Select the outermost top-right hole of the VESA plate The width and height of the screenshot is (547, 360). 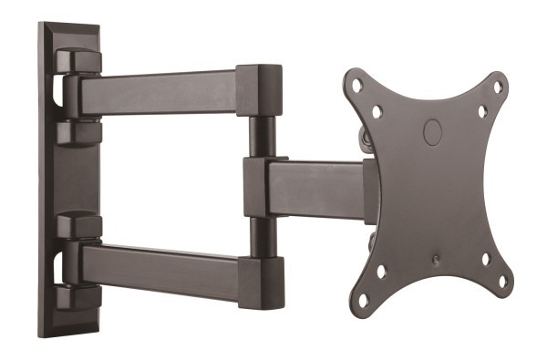click(498, 87)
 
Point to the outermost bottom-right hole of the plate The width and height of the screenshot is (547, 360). click(501, 282)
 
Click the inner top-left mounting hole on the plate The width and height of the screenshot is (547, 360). click(377, 111)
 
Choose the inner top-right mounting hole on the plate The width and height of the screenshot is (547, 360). click(482, 112)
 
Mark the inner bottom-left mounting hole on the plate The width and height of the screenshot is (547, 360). click(380, 271)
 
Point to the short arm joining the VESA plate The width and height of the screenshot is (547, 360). click(310, 188)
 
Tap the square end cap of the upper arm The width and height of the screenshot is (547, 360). click(259, 90)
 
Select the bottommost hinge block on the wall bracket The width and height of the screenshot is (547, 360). click(77, 295)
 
